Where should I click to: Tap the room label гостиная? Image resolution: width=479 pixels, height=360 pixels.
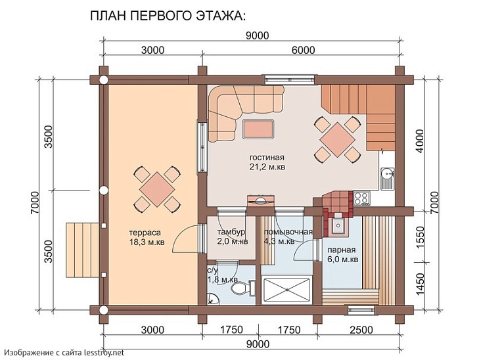click(266, 158)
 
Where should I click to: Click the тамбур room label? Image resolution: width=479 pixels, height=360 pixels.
click(231, 233)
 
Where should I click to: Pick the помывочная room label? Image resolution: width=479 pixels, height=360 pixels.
click(287, 233)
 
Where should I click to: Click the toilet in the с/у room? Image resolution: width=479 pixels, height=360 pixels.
click(241, 287)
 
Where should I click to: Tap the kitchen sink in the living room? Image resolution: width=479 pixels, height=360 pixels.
click(387, 174)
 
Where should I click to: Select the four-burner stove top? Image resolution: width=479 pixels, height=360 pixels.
click(361, 196)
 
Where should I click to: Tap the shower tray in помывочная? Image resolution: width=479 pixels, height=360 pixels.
click(286, 288)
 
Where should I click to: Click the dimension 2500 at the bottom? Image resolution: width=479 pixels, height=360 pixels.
click(361, 329)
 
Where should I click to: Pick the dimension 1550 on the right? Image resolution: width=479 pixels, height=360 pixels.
click(422, 236)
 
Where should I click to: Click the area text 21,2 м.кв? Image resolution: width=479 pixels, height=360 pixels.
click(267, 167)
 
